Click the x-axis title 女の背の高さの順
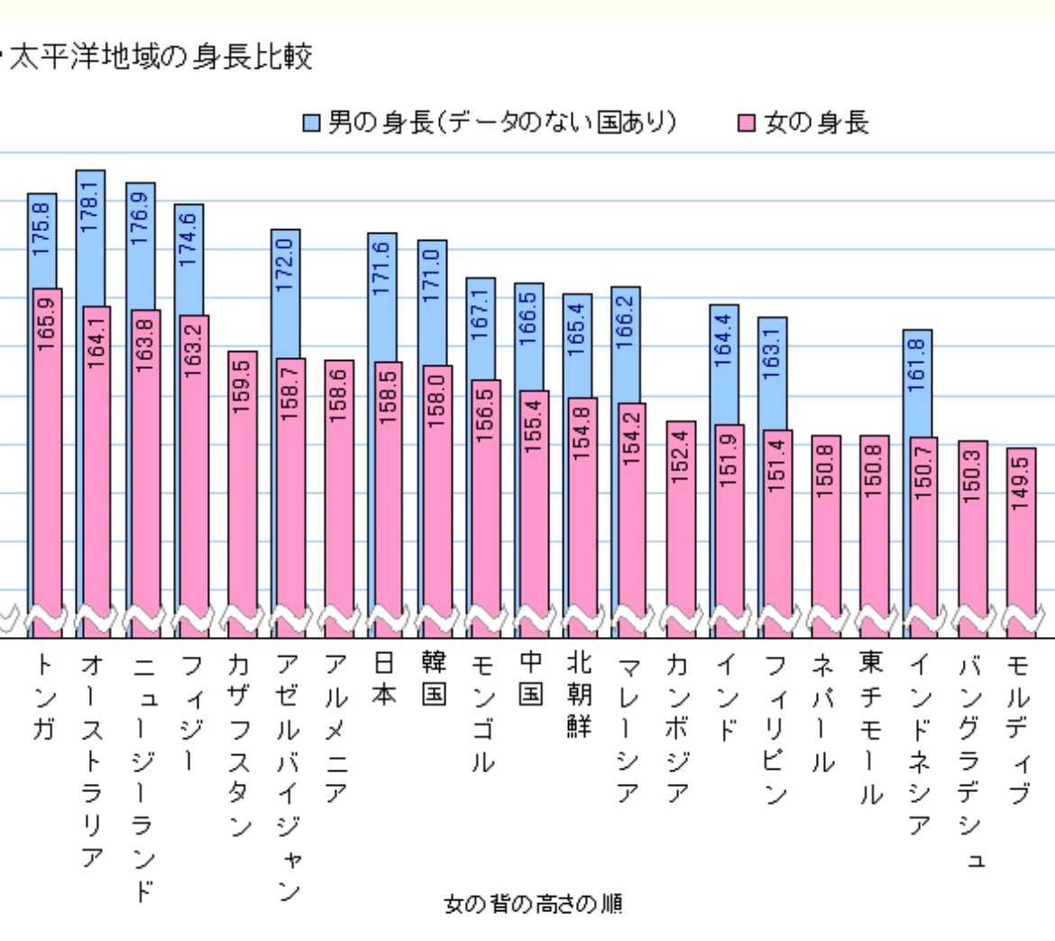[534, 904]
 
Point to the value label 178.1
[89, 206]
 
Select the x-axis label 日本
[385, 680]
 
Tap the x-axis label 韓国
[434, 680]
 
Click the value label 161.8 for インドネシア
[918, 366]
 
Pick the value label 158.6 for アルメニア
[339, 397]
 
